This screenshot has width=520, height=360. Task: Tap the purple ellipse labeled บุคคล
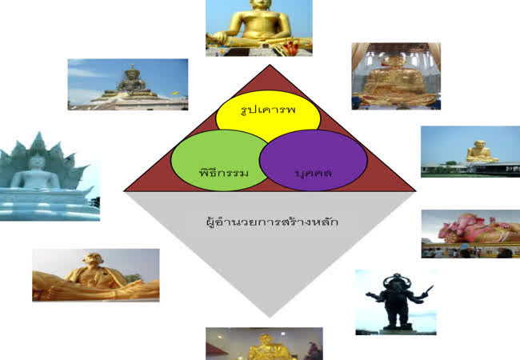(x=314, y=160)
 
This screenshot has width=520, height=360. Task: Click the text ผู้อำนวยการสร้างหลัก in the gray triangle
(x=272, y=222)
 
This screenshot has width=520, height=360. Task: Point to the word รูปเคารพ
(x=268, y=110)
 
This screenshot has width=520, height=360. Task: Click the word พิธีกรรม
(x=223, y=173)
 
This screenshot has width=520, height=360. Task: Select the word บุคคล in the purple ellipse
(x=314, y=174)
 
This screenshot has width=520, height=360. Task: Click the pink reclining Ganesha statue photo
(x=470, y=234)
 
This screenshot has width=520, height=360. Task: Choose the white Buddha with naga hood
(x=50, y=176)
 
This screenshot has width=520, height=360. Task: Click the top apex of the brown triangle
(x=270, y=65)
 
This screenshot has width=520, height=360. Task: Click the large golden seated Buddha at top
(x=259, y=28)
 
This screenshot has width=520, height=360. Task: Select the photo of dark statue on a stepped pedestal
(x=128, y=84)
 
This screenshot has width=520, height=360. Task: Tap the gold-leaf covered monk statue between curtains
(x=396, y=76)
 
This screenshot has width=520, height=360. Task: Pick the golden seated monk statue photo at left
(x=95, y=275)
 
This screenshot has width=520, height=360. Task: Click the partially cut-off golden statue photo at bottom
(x=264, y=344)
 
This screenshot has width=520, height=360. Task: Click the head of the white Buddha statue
(x=36, y=162)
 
